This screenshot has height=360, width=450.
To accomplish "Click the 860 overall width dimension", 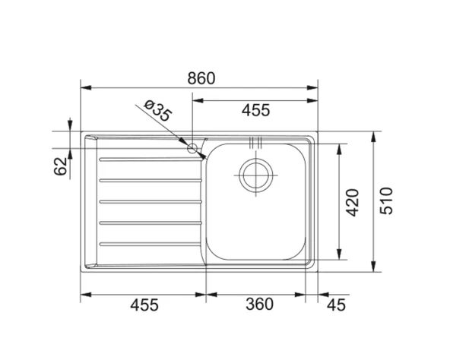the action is pos(201,78).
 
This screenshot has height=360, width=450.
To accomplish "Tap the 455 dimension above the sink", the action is pos(255,110).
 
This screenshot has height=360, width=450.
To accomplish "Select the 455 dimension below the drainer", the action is pos(144,305).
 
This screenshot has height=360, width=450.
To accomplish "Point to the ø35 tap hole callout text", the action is pos(158,111).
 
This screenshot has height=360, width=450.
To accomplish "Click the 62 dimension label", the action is pos(61,166).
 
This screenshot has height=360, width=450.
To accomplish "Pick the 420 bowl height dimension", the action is pos(353,203).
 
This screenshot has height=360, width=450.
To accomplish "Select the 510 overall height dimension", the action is pos(386,201).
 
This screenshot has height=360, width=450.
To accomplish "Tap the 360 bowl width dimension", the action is pos(259,305).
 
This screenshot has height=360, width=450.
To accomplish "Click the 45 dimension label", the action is pos(336,305).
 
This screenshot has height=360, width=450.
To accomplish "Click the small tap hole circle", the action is pos(192,148).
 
